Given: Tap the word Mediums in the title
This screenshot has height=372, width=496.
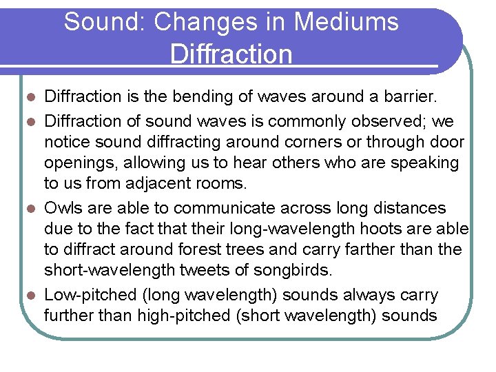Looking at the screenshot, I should point(347,22).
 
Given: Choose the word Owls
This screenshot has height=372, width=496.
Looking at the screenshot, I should point(65,208).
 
